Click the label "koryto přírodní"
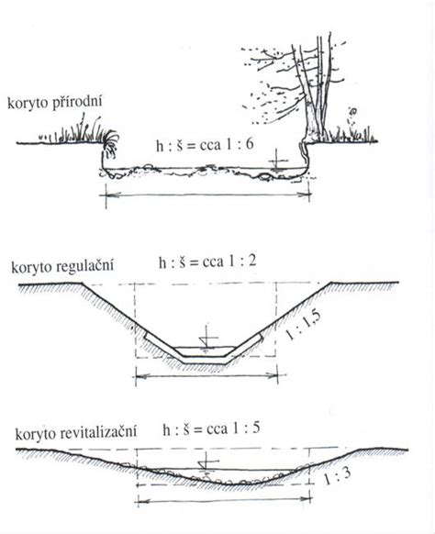(x=54, y=103)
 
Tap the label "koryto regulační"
(x=62, y=266)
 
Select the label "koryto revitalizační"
(x=75, y=433)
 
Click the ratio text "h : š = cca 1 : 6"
(x=205, y=145)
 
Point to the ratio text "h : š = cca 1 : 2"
(x=207, y=262)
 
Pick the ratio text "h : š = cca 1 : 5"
(x=211, y=428)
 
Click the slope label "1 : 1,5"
(x=303, y=325)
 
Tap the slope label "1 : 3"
(x=337, y=476)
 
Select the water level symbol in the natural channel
(x=278, y=161)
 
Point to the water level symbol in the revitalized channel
(x=206, y=465)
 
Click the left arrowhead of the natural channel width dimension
(x=111, y=195)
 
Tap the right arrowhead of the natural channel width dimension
(x=304, y=195)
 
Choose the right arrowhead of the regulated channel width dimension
(x=272, y=375)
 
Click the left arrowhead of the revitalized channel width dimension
(x=142, y=501)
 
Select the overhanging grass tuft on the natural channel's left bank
(x=110, y=145)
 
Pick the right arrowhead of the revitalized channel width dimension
(x=305, y=499)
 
